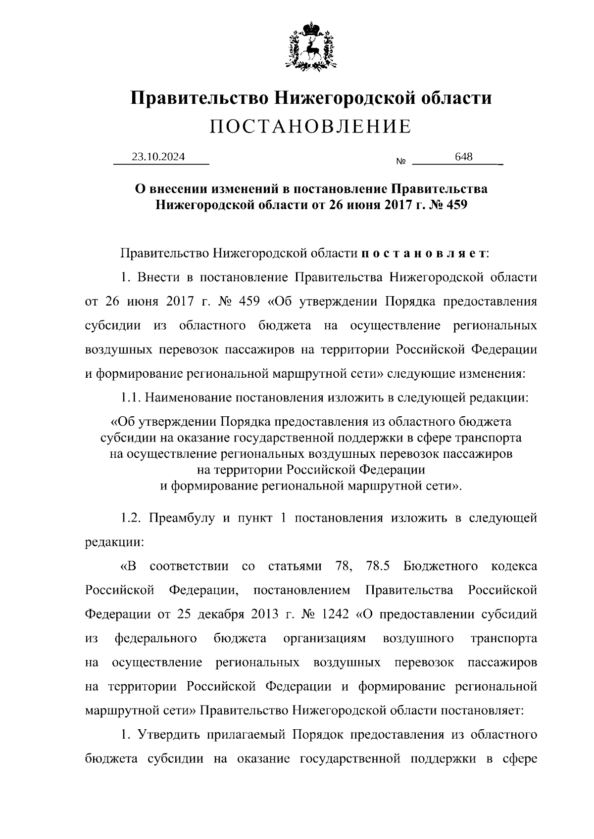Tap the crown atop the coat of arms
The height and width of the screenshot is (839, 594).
point(311,26)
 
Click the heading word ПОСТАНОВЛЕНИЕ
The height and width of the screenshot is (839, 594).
point(310,127)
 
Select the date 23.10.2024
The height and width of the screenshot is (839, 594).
point(158,157)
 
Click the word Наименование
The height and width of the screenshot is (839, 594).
point(186,397)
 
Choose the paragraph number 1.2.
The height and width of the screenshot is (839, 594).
point(132,518)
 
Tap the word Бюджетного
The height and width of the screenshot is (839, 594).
point(441,566)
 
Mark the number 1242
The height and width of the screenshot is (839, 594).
point(336,615)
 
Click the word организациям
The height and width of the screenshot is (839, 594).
point(325,638)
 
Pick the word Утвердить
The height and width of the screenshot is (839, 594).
point(167,735)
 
